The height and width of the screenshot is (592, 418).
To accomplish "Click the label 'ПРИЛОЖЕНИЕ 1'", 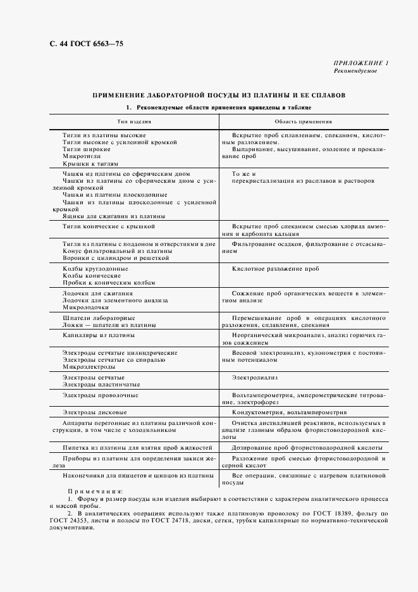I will [360, 63].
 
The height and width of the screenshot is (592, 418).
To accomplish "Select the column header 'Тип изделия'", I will [133, 121].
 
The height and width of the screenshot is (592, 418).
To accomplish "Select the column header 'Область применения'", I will [304, 121].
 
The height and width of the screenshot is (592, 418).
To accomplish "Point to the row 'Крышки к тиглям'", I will [90, 163].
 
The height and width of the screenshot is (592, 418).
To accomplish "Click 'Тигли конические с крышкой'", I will [109, 226].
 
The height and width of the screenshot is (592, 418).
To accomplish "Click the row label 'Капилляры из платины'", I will [99, 335].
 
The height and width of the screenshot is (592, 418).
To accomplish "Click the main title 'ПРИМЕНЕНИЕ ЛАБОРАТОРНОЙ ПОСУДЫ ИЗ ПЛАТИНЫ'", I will [219, 96].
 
